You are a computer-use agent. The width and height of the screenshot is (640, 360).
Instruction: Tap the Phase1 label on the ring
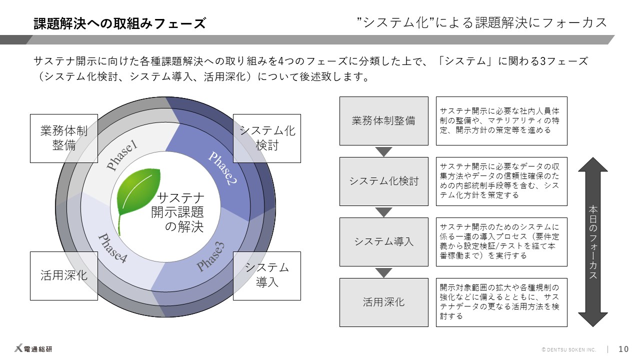122,156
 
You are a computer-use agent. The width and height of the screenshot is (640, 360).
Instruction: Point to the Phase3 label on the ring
210,256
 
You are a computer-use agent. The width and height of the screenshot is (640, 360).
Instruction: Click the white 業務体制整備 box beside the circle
64,138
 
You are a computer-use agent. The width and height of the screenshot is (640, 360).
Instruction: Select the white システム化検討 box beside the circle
267,138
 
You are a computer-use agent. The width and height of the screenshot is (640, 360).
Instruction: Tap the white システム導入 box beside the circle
267,275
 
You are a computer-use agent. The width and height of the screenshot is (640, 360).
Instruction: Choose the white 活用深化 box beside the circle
64,275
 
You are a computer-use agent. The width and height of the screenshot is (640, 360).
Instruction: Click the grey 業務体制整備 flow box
383,121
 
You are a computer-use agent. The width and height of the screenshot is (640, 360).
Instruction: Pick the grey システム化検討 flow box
383,181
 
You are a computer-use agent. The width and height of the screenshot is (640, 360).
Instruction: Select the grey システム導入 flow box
383,242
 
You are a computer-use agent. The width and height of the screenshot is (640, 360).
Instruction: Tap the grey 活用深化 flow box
383,302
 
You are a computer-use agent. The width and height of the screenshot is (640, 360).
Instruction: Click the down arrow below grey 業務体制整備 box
383,151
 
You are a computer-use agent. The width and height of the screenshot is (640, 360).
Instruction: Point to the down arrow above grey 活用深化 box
383,272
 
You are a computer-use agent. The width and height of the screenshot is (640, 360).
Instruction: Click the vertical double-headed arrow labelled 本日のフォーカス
592,242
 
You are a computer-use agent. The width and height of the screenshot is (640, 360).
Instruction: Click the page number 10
623,349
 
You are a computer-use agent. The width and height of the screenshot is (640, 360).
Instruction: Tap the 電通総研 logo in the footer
33,349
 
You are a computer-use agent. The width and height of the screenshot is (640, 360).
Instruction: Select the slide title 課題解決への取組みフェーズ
119,23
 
